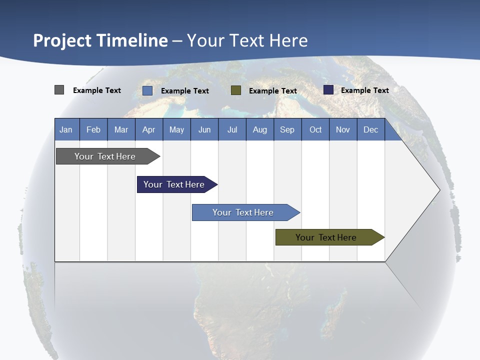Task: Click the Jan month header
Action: click(66, 129)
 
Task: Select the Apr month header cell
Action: click(148, 129)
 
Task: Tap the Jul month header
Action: click(232, 129)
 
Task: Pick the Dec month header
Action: click(370, 129)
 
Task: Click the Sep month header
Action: click(287, 129)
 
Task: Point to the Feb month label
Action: click(93, 129)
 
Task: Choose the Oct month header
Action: click(315, 129)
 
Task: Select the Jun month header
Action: click(204, 129)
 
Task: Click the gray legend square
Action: click(59, 90)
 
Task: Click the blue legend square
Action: click(147, 90)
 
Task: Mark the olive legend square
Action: click(236, 90)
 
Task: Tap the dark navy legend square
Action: click(328, 90)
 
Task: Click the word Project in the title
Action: click(63, 40)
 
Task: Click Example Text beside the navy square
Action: click(364, 90)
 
